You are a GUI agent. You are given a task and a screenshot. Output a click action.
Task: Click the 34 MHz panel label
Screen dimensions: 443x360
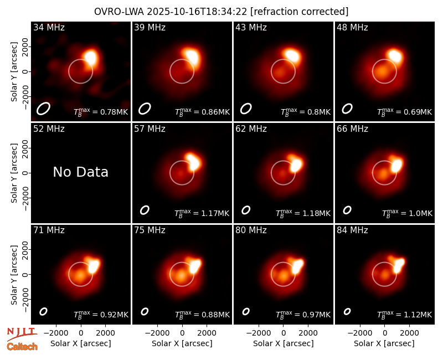(49, 27)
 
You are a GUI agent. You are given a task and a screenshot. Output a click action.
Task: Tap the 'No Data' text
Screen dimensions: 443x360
(80, 172)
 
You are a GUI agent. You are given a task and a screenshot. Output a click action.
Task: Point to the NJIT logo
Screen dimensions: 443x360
(22, 333)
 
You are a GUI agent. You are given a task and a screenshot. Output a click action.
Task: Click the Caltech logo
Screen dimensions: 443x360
(22, 347)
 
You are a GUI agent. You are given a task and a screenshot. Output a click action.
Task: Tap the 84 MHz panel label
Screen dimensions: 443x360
(352, 230)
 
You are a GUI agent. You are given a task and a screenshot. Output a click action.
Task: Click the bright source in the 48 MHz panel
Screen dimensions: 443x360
(395, 55)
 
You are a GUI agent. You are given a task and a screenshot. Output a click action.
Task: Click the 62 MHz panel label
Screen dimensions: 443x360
(251, 129)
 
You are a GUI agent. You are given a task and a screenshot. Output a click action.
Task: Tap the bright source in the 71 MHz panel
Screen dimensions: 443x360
(93, 266)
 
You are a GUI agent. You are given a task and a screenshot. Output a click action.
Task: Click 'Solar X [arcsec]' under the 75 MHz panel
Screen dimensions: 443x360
(182, 343)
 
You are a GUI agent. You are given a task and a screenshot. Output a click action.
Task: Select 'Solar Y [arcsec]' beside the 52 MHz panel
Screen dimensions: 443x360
(14, 173)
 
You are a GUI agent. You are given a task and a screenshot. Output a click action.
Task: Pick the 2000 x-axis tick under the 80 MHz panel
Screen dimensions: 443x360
(308, 333)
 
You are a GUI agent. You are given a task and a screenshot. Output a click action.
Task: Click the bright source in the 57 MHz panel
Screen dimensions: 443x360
(194, 162)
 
